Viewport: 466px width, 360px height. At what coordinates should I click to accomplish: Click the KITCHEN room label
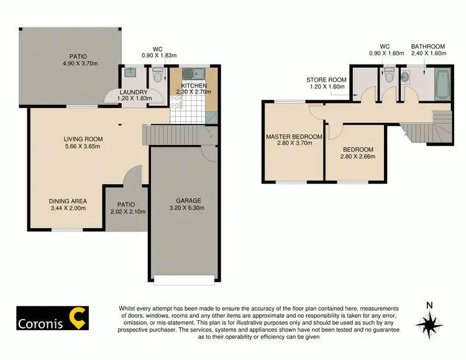coord(194,86)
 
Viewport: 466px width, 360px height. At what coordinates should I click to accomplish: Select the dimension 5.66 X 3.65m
coord(83,147)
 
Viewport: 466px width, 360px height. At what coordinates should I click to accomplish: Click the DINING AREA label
coord(68,201)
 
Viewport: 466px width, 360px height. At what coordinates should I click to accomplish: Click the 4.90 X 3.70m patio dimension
coord(80,63)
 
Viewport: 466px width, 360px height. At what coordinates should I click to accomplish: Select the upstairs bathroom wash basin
coord(405,79)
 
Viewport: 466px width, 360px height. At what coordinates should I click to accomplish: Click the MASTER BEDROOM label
coord(294,137)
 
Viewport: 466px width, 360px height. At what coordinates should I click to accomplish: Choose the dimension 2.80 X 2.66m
coord(358,157)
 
